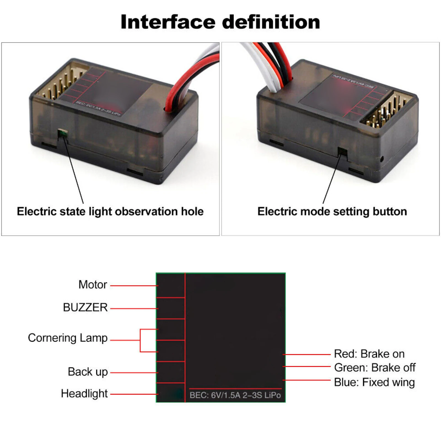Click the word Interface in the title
coord(168,22)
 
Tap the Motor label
coord(93,285)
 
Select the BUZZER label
coord(85,307)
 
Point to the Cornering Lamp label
coord(68,338)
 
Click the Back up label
coord(88,372)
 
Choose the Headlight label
coord(84,394)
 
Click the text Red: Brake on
coord(369,354)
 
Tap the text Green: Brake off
coord(375,368)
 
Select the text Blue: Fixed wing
coord(374,382)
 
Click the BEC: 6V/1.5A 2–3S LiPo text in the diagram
coord(235,395)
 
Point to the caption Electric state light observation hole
coord(110,212)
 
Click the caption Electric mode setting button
coord(332,212)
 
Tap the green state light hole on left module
coord(63,134)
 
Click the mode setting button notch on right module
coord(342,152)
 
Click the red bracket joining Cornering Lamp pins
coord(140,340)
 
